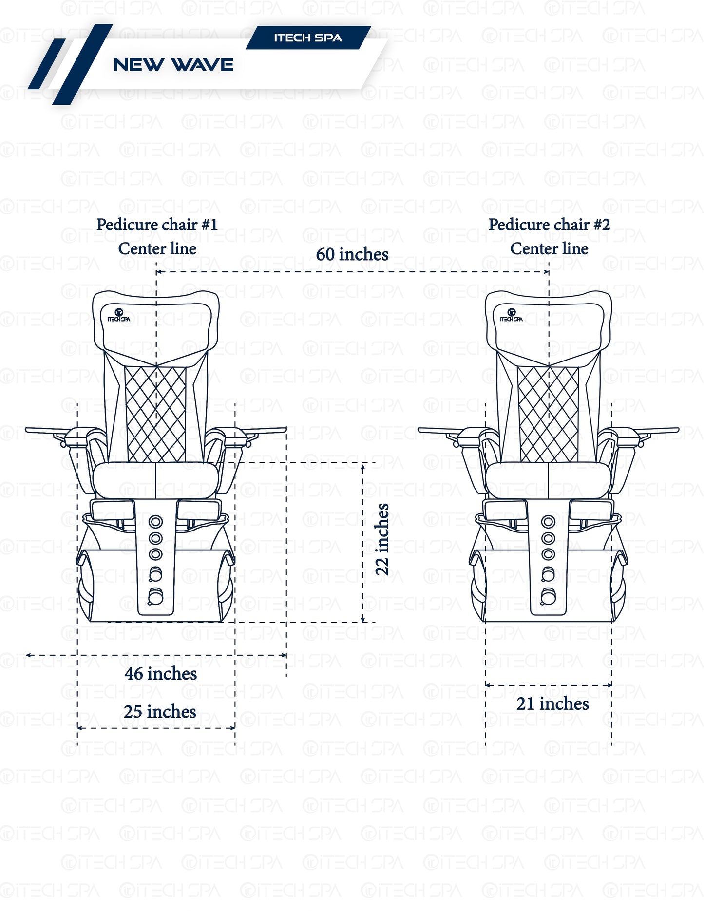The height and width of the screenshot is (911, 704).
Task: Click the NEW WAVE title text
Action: [173, 65]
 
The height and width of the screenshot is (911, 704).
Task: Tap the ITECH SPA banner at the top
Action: [308, 38]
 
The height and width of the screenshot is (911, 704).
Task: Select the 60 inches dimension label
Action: [352, 254]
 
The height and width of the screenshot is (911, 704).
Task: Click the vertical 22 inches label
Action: [382, 539]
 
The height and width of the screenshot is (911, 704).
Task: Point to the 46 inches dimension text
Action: [161, 674]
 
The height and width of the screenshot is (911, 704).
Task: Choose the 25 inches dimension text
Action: [160, 712]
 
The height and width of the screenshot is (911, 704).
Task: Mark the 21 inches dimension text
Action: [552, 704]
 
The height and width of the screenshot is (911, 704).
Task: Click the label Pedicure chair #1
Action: [157, 225]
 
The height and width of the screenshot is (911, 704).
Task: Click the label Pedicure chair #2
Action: [549, 225]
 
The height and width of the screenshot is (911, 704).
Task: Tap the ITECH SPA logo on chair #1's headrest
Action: [119, 315]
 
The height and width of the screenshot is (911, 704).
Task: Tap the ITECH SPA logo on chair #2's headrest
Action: [512, 315]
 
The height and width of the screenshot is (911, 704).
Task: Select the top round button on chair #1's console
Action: [155, 522]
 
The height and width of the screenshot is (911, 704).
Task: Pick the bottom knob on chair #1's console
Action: [155, 596]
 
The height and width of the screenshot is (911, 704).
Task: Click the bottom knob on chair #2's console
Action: [548, 596]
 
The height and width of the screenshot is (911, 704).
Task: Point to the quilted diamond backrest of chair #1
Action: [156, 414]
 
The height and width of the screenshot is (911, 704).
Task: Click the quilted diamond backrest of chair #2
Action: [549, 414]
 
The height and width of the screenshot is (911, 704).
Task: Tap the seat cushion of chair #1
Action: [155, 480]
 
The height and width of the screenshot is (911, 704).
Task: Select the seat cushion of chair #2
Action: [548, 480]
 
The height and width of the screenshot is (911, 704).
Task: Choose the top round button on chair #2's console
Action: [548, 522]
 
